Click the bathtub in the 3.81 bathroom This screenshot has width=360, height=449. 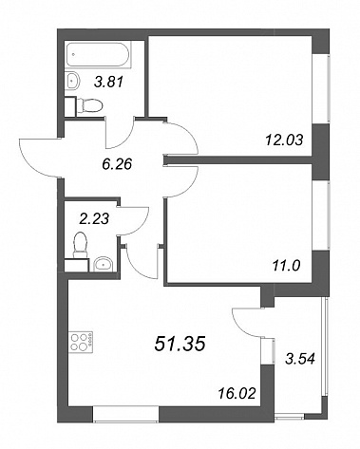[98, 54]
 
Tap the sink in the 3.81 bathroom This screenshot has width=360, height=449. [73, 81]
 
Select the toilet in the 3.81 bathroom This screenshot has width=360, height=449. [90, 105]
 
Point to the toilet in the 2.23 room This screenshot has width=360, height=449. [81, 244]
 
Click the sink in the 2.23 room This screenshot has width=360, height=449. [103, 264]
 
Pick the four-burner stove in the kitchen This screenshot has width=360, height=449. [82, 342]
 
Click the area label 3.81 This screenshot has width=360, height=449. [108, 83]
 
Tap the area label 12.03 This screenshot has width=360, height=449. [284, 140]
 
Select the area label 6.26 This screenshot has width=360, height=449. [117, 164]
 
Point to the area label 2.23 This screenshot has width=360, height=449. [94, 218]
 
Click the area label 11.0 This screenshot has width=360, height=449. [286, 266]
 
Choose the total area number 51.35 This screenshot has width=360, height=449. [180, 344]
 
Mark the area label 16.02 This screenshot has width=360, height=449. [237, 394]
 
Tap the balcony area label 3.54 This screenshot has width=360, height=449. [300, 359]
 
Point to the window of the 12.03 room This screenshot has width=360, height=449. [321, 89]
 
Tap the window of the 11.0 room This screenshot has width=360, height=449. [321, 216]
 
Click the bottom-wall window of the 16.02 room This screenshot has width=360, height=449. [125, 414]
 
